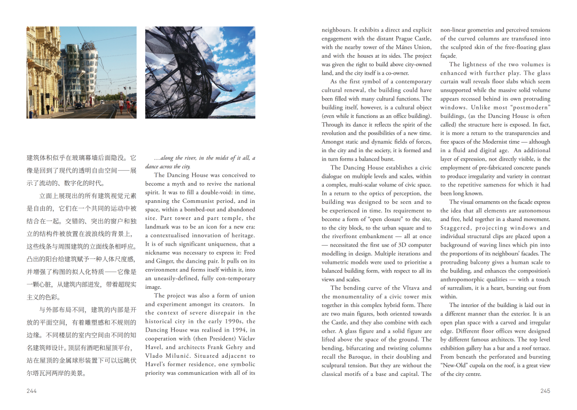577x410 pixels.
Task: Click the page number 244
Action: click(x=32, y=391)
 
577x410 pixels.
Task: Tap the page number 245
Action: click(x=545, y=391)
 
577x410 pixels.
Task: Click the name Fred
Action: click(x=249, y=253)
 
